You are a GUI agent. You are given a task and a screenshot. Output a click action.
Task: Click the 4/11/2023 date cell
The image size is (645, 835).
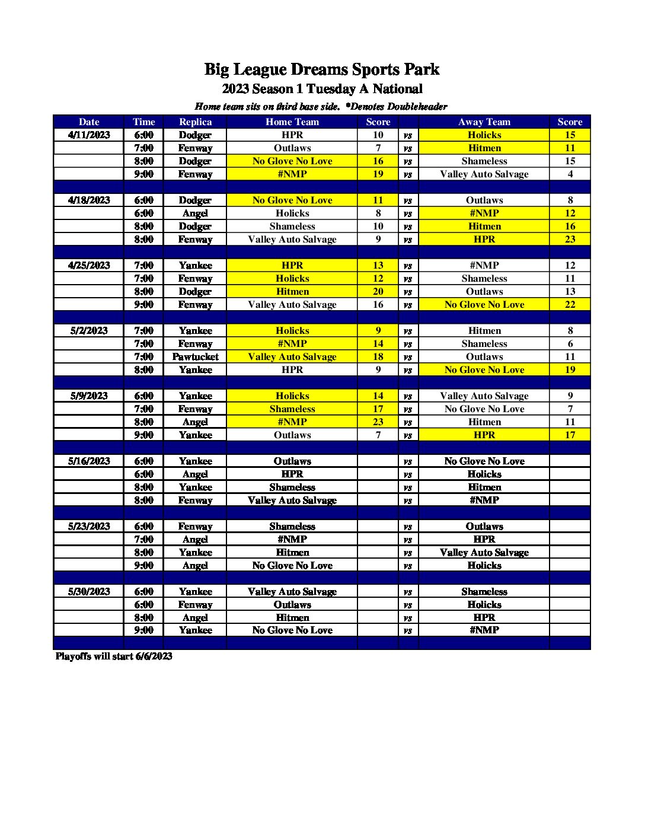click(x=89, y=135)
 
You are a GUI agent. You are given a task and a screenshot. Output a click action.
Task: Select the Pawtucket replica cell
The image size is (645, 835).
click(x=195, y=357)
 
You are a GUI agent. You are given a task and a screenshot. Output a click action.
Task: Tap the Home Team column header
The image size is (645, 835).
click(x=292, y=122)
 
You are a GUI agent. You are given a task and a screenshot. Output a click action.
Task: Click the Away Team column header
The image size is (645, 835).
click(x=484, y=122)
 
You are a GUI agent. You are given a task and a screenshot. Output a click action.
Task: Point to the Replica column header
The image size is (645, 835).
click(x=195, y=122)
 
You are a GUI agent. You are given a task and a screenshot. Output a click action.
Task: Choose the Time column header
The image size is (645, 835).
click(x=143, y=122)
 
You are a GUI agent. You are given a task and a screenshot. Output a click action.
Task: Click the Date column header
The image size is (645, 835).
click(x=89, y=122)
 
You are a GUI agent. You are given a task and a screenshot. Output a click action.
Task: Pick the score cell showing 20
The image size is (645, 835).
click(x=378, y=292)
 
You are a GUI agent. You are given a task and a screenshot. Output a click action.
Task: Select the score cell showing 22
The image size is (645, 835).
click(x=570, y=305)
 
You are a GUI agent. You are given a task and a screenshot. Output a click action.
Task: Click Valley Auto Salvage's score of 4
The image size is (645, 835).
click(x=570, y=174)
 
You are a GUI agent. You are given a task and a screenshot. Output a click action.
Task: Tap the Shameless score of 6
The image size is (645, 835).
click(x=570, y=344)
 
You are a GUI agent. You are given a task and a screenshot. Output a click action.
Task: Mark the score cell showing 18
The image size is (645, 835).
click(x=378, y=357)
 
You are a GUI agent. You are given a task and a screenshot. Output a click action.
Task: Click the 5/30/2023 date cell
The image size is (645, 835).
click(x=89, y=592)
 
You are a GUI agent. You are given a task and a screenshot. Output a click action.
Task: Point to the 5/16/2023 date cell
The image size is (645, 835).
click(x=89, y=461)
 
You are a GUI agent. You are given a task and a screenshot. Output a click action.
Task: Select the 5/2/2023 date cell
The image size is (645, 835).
click(x=89, y=331)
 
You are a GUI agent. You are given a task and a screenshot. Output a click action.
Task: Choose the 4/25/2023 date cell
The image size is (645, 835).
click(x=89, y=266)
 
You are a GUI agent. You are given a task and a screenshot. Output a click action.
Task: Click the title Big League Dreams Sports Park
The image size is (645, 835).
click(x=322, y=69)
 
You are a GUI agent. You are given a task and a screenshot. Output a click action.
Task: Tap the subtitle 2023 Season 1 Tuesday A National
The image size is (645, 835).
click(x=322, y=89)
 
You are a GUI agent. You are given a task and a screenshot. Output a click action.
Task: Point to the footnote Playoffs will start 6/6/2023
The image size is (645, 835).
click(x=114, y=656)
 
